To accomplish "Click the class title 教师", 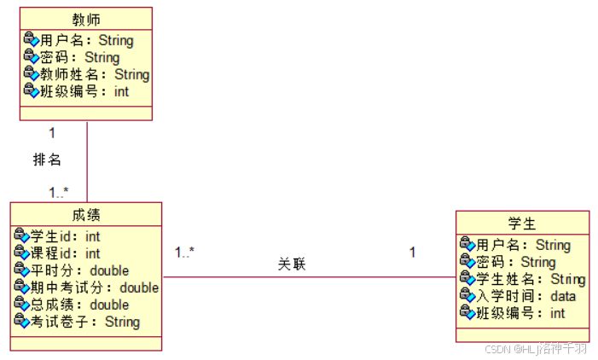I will tap(85, 19).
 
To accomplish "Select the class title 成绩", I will tap(86, 214).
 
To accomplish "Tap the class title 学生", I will tap(522, 224).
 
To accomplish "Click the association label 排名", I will tap(47, 160).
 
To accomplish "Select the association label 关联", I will tap(292, 264).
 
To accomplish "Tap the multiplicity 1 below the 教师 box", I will tap(52, 133).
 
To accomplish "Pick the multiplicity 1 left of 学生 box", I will tap(412, 253).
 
